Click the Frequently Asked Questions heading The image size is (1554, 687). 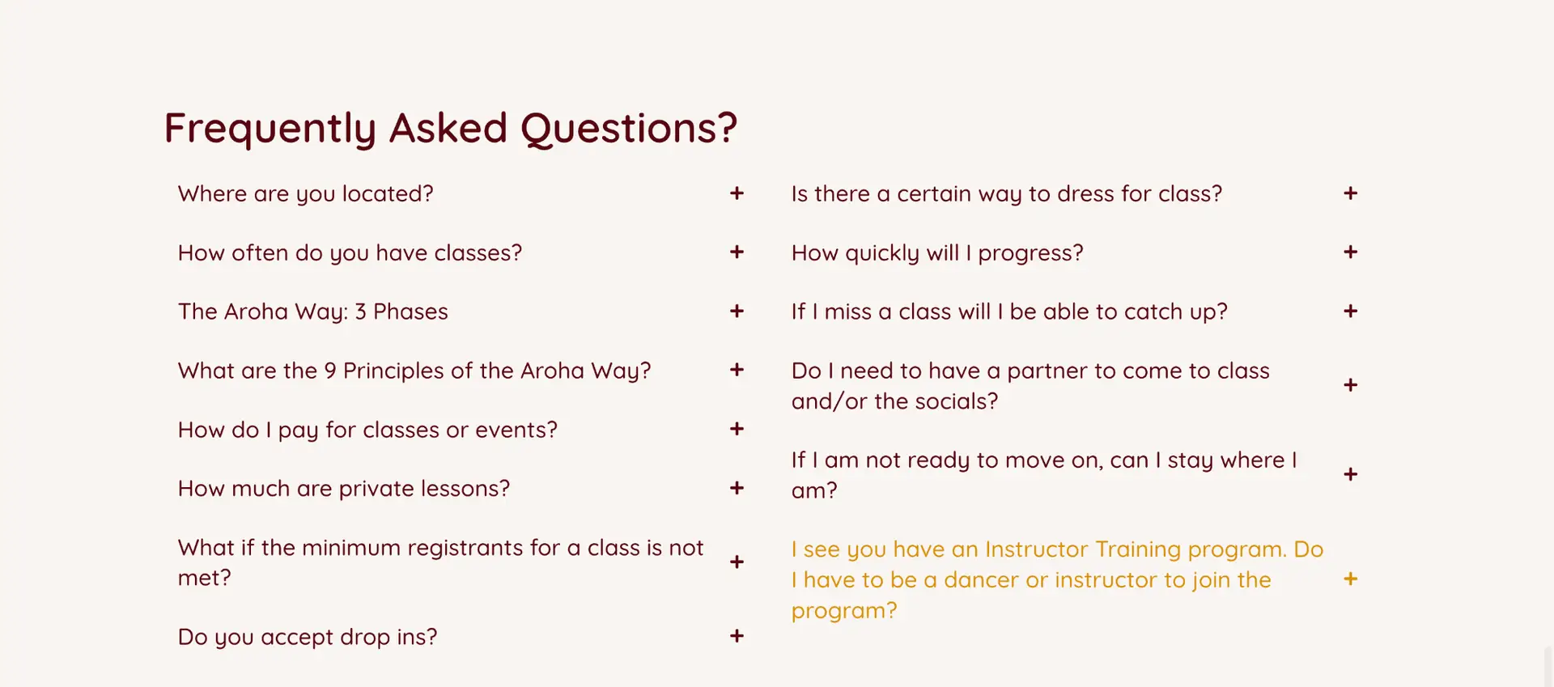click(451, 129)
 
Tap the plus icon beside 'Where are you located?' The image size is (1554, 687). click(737, 193)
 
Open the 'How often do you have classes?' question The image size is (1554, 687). click(350, 253)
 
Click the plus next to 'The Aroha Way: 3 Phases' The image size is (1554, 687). click(737, 312)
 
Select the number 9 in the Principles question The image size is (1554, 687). click(330, 371)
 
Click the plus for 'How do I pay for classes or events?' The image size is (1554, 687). click(737, 429)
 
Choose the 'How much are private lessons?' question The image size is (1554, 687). click(344, 489)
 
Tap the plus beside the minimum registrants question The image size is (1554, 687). click(737, 562)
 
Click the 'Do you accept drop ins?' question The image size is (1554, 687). click(308, 638)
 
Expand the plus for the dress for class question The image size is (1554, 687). click(1350, 193)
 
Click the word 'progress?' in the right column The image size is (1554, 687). click(1030, 253)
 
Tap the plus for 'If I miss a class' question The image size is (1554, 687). click(1350, 312)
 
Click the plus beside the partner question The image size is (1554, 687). click(1350, 385)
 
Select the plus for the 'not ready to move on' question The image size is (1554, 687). click(1350, 474)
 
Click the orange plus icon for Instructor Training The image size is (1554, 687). click(1350, 579)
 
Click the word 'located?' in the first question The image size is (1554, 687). click(388, 194)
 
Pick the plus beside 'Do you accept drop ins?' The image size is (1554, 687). click(737, 636)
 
